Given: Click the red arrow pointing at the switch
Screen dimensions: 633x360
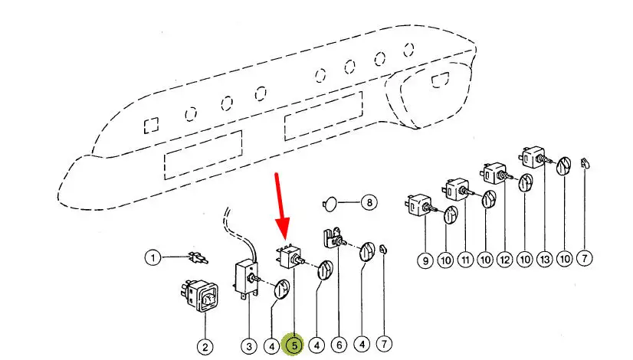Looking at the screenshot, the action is [280, 207].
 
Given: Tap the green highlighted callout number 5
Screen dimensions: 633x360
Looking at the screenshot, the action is [294, 345].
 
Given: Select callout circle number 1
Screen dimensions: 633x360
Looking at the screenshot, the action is [153, 257].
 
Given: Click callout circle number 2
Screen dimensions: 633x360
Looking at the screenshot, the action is [205, 347].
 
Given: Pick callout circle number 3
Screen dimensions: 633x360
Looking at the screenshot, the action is [248, 346].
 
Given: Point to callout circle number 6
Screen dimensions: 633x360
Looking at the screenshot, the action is [339, 345].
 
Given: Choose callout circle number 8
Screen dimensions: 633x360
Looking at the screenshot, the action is [369, 201].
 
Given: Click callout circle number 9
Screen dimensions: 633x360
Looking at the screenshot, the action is [425, 260].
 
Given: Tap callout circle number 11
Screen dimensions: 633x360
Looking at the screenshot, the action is [465, 260].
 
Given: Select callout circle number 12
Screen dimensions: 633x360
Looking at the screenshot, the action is [505, 260].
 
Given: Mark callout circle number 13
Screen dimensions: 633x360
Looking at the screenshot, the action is [545, 259].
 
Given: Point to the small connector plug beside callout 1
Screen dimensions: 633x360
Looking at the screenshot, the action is [198, 257].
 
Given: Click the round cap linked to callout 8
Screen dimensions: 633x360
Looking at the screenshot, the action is [330, 203].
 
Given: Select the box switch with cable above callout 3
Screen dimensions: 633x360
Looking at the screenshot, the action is [246, 280].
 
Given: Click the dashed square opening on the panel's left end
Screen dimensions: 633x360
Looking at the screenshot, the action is [152, 125].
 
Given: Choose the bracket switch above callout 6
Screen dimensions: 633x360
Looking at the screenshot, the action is [334, 239].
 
